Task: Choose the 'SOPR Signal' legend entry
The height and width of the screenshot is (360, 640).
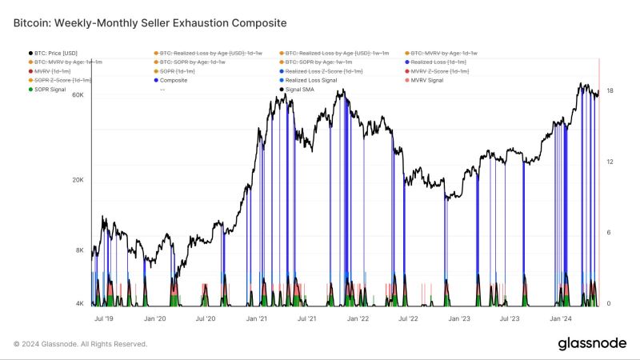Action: point(50,89)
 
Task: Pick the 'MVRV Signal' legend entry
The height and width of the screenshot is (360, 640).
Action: point(427,80)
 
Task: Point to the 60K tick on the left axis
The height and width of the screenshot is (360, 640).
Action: point(78,94)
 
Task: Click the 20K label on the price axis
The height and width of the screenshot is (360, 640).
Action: point(78,180)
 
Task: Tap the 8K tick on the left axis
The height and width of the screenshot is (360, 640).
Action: point(79,250)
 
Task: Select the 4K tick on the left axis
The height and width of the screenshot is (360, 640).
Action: point(79,304)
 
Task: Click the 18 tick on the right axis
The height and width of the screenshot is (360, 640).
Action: point(610,91)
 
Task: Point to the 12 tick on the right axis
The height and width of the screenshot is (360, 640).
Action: point(610,162)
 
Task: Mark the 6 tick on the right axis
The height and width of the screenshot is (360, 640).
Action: point(610,233)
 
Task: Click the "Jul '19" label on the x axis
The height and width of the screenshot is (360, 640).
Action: point(104,318)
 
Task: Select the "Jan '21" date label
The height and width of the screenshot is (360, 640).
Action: point(257,318)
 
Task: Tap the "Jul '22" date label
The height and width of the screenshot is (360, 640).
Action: point(409,318)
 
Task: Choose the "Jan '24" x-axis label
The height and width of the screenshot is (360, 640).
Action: point(561,318)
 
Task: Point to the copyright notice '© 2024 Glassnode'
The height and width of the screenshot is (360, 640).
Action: point(80,344)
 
